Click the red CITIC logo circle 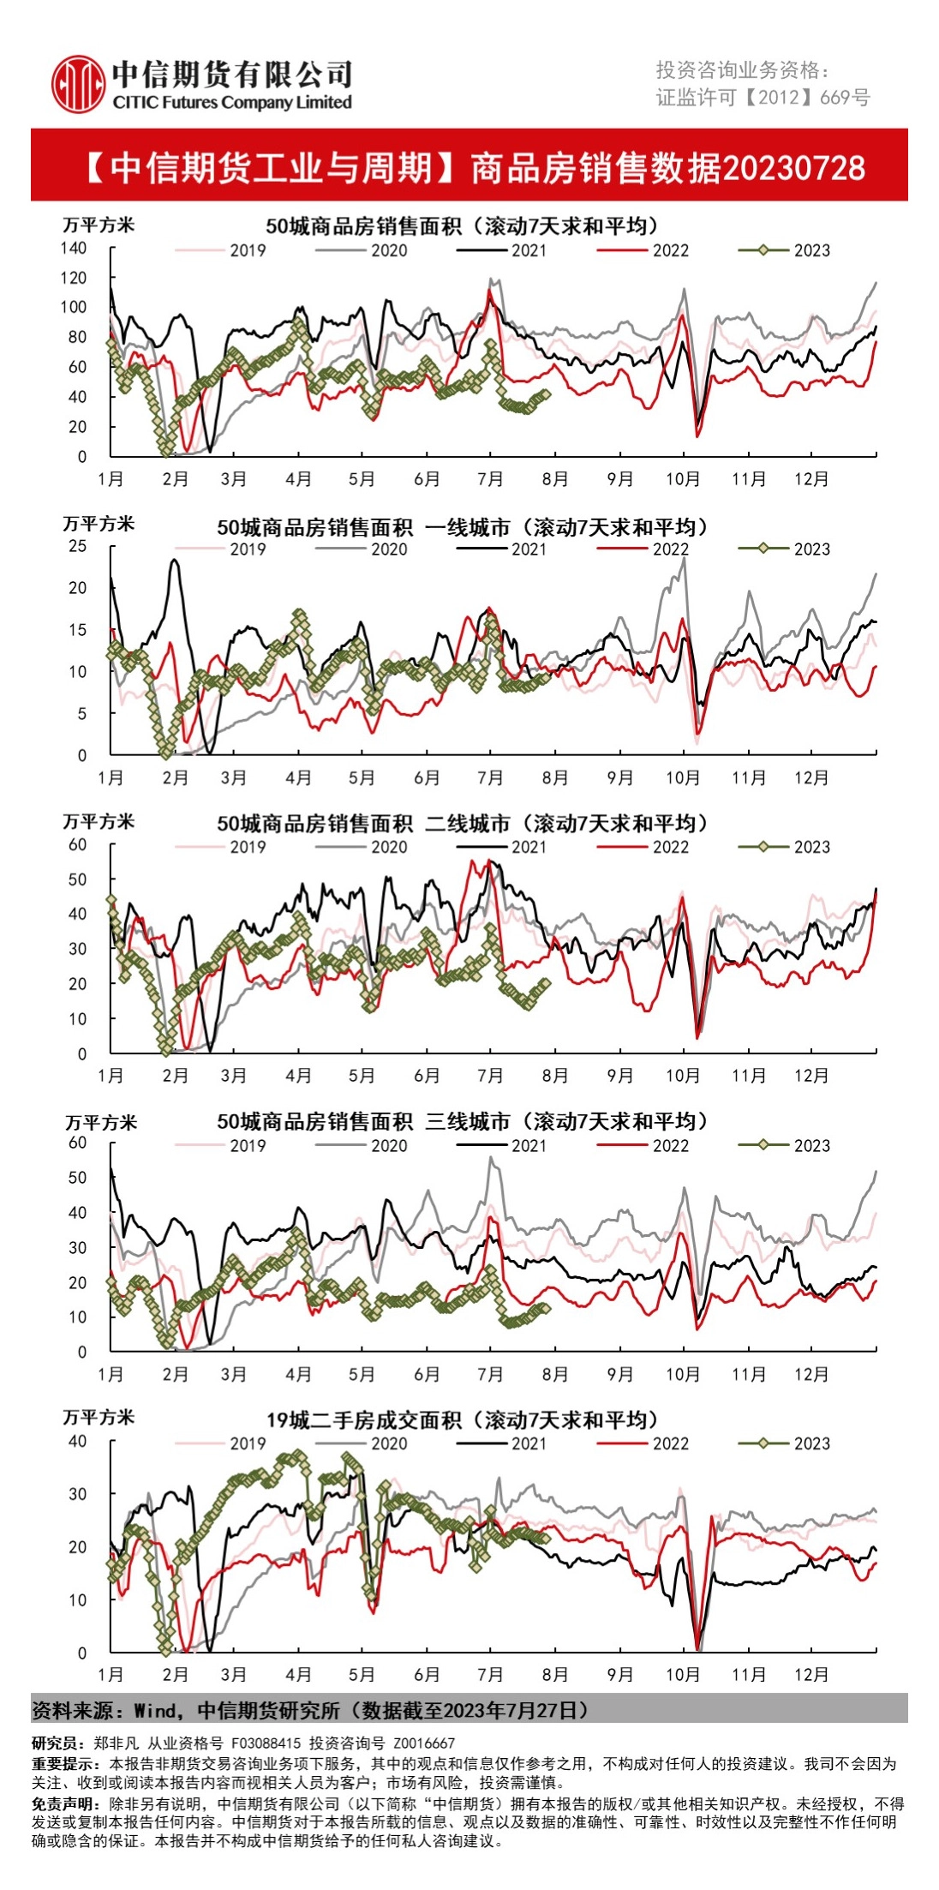(x=78, y=84)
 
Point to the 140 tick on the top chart (x=74, y=248)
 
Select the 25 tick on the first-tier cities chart (x=77, y=546)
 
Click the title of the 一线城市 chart (x=463, y=526)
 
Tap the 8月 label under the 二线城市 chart (x=555, y=1076)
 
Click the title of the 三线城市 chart (x=463, y=1121)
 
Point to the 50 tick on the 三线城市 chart (x=77, y=1178)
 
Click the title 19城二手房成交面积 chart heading (x=463, y=1420)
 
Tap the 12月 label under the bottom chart (x=810, y=1674)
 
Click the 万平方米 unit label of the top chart (x=99, y=225)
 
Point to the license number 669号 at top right (x=845, y=98)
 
